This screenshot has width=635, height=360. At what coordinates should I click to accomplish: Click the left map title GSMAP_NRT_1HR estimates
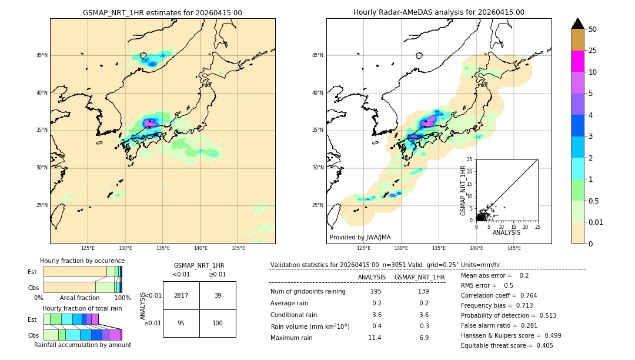click(x=162, y=12)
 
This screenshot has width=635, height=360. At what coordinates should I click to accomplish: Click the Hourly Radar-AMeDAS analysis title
click(x=439, y=12)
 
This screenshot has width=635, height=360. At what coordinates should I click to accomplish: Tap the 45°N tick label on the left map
click(x=42, y=55)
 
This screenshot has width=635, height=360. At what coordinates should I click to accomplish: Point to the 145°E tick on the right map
click(x=514, y=248)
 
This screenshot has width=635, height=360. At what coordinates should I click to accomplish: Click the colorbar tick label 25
click(x=593, y=51)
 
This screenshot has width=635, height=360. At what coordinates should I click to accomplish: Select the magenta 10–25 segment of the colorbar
click(x=577, y=61)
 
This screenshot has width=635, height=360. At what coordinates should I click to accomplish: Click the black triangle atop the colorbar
click(x=577, y=24)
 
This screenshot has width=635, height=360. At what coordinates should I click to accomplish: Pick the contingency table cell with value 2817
click(x=181, y=295)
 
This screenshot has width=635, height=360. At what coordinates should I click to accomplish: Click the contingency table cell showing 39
click(x=218, y=295)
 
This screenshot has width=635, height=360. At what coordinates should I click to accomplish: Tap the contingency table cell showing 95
click(x=181, y=323)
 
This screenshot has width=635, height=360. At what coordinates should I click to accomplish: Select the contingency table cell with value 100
click(x=218, y=323)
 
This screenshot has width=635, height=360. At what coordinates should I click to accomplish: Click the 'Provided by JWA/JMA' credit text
click(x=360, y=238)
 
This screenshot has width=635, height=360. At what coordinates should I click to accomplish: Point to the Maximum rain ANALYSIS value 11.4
click(x=374, y=338)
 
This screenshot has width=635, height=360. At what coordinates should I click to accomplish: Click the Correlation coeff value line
click(x=499, y=295)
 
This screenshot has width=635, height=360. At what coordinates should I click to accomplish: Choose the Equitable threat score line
click(x=507, y=345)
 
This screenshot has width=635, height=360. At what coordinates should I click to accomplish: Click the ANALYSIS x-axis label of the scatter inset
click(x=506, y=233)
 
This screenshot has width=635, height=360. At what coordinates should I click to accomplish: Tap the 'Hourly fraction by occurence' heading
click(x=82, y=261)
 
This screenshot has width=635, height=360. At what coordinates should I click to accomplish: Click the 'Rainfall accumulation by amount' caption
click(x=82, y=345)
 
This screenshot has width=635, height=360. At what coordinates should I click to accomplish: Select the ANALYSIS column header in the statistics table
click(x=372, y=277)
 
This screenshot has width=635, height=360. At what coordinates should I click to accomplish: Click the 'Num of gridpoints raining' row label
click(x=308, y=291)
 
